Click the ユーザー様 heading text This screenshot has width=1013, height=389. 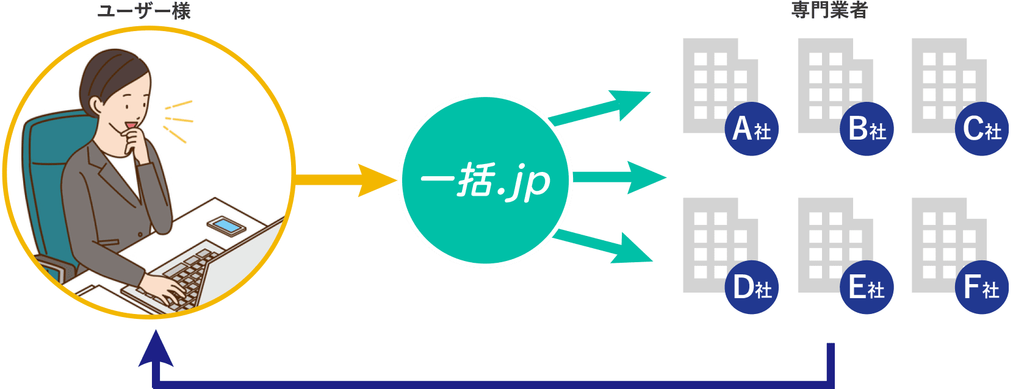(144, 10)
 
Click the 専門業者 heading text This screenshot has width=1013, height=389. (829, 10)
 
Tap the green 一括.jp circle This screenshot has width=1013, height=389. (485, 180)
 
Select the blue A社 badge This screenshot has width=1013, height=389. (752, 129)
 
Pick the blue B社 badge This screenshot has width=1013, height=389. (867, 129)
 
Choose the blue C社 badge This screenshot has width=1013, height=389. (981, 129)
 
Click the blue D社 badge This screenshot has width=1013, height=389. (752, 287)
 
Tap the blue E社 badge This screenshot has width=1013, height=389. (867, 287)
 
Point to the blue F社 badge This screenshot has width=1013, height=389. (981, 287)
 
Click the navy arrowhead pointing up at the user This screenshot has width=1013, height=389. (156, 351)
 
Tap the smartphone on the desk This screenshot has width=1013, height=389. (226, 226)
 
